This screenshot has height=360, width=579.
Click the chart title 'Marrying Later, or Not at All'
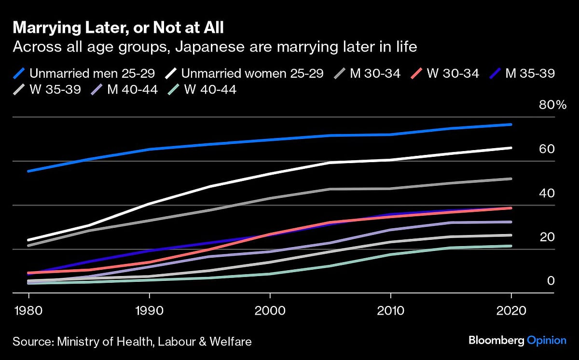pos(118,28)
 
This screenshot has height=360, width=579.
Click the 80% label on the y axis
pos(552,105)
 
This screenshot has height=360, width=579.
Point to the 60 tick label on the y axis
pos(547,149)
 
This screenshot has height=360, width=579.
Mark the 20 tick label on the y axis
pos(547,237)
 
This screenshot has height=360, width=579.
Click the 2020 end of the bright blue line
pos(511,125)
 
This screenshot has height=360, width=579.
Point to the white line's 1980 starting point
pos(29,240)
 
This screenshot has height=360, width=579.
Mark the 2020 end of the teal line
pos(511,246)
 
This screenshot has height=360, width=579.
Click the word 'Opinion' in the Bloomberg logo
pos(546,341)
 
